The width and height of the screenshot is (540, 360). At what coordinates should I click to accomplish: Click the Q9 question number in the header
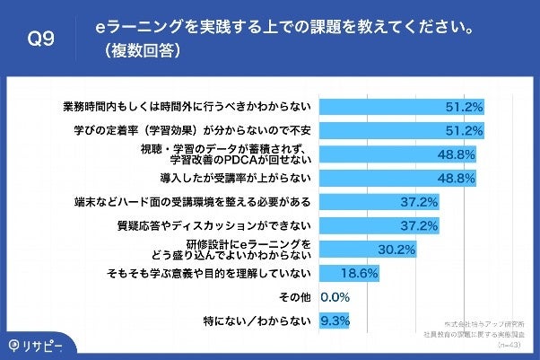(42, 39)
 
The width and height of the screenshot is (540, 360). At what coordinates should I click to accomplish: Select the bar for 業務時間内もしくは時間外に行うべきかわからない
(404, 106)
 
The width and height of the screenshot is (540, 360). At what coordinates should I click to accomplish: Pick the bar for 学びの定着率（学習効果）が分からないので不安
(404, 130)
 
